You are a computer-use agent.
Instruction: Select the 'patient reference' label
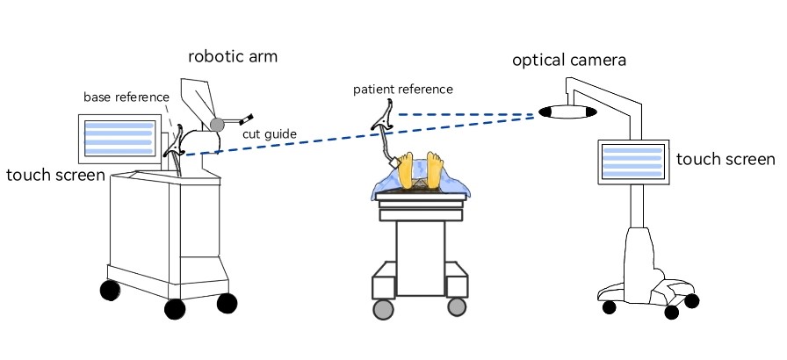coord(403,89)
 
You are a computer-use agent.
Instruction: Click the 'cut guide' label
coord(271,133)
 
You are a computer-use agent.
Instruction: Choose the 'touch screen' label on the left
coord(54,176)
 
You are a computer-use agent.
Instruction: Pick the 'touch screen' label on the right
coord(726,160)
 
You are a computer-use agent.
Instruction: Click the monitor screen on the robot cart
coord(118,137)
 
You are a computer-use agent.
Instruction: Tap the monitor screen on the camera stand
coord(632,162)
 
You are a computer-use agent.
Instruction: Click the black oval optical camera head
coord(567,112)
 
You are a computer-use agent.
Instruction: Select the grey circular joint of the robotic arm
coord(217,124)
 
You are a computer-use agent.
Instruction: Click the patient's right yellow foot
coord(435,169)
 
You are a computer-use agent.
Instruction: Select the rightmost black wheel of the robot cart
coord(227,303)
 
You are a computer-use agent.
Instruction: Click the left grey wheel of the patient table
coord(383,309)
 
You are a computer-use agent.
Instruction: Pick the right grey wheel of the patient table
coord(456,306)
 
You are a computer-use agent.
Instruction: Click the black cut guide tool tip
coord(249,116)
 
